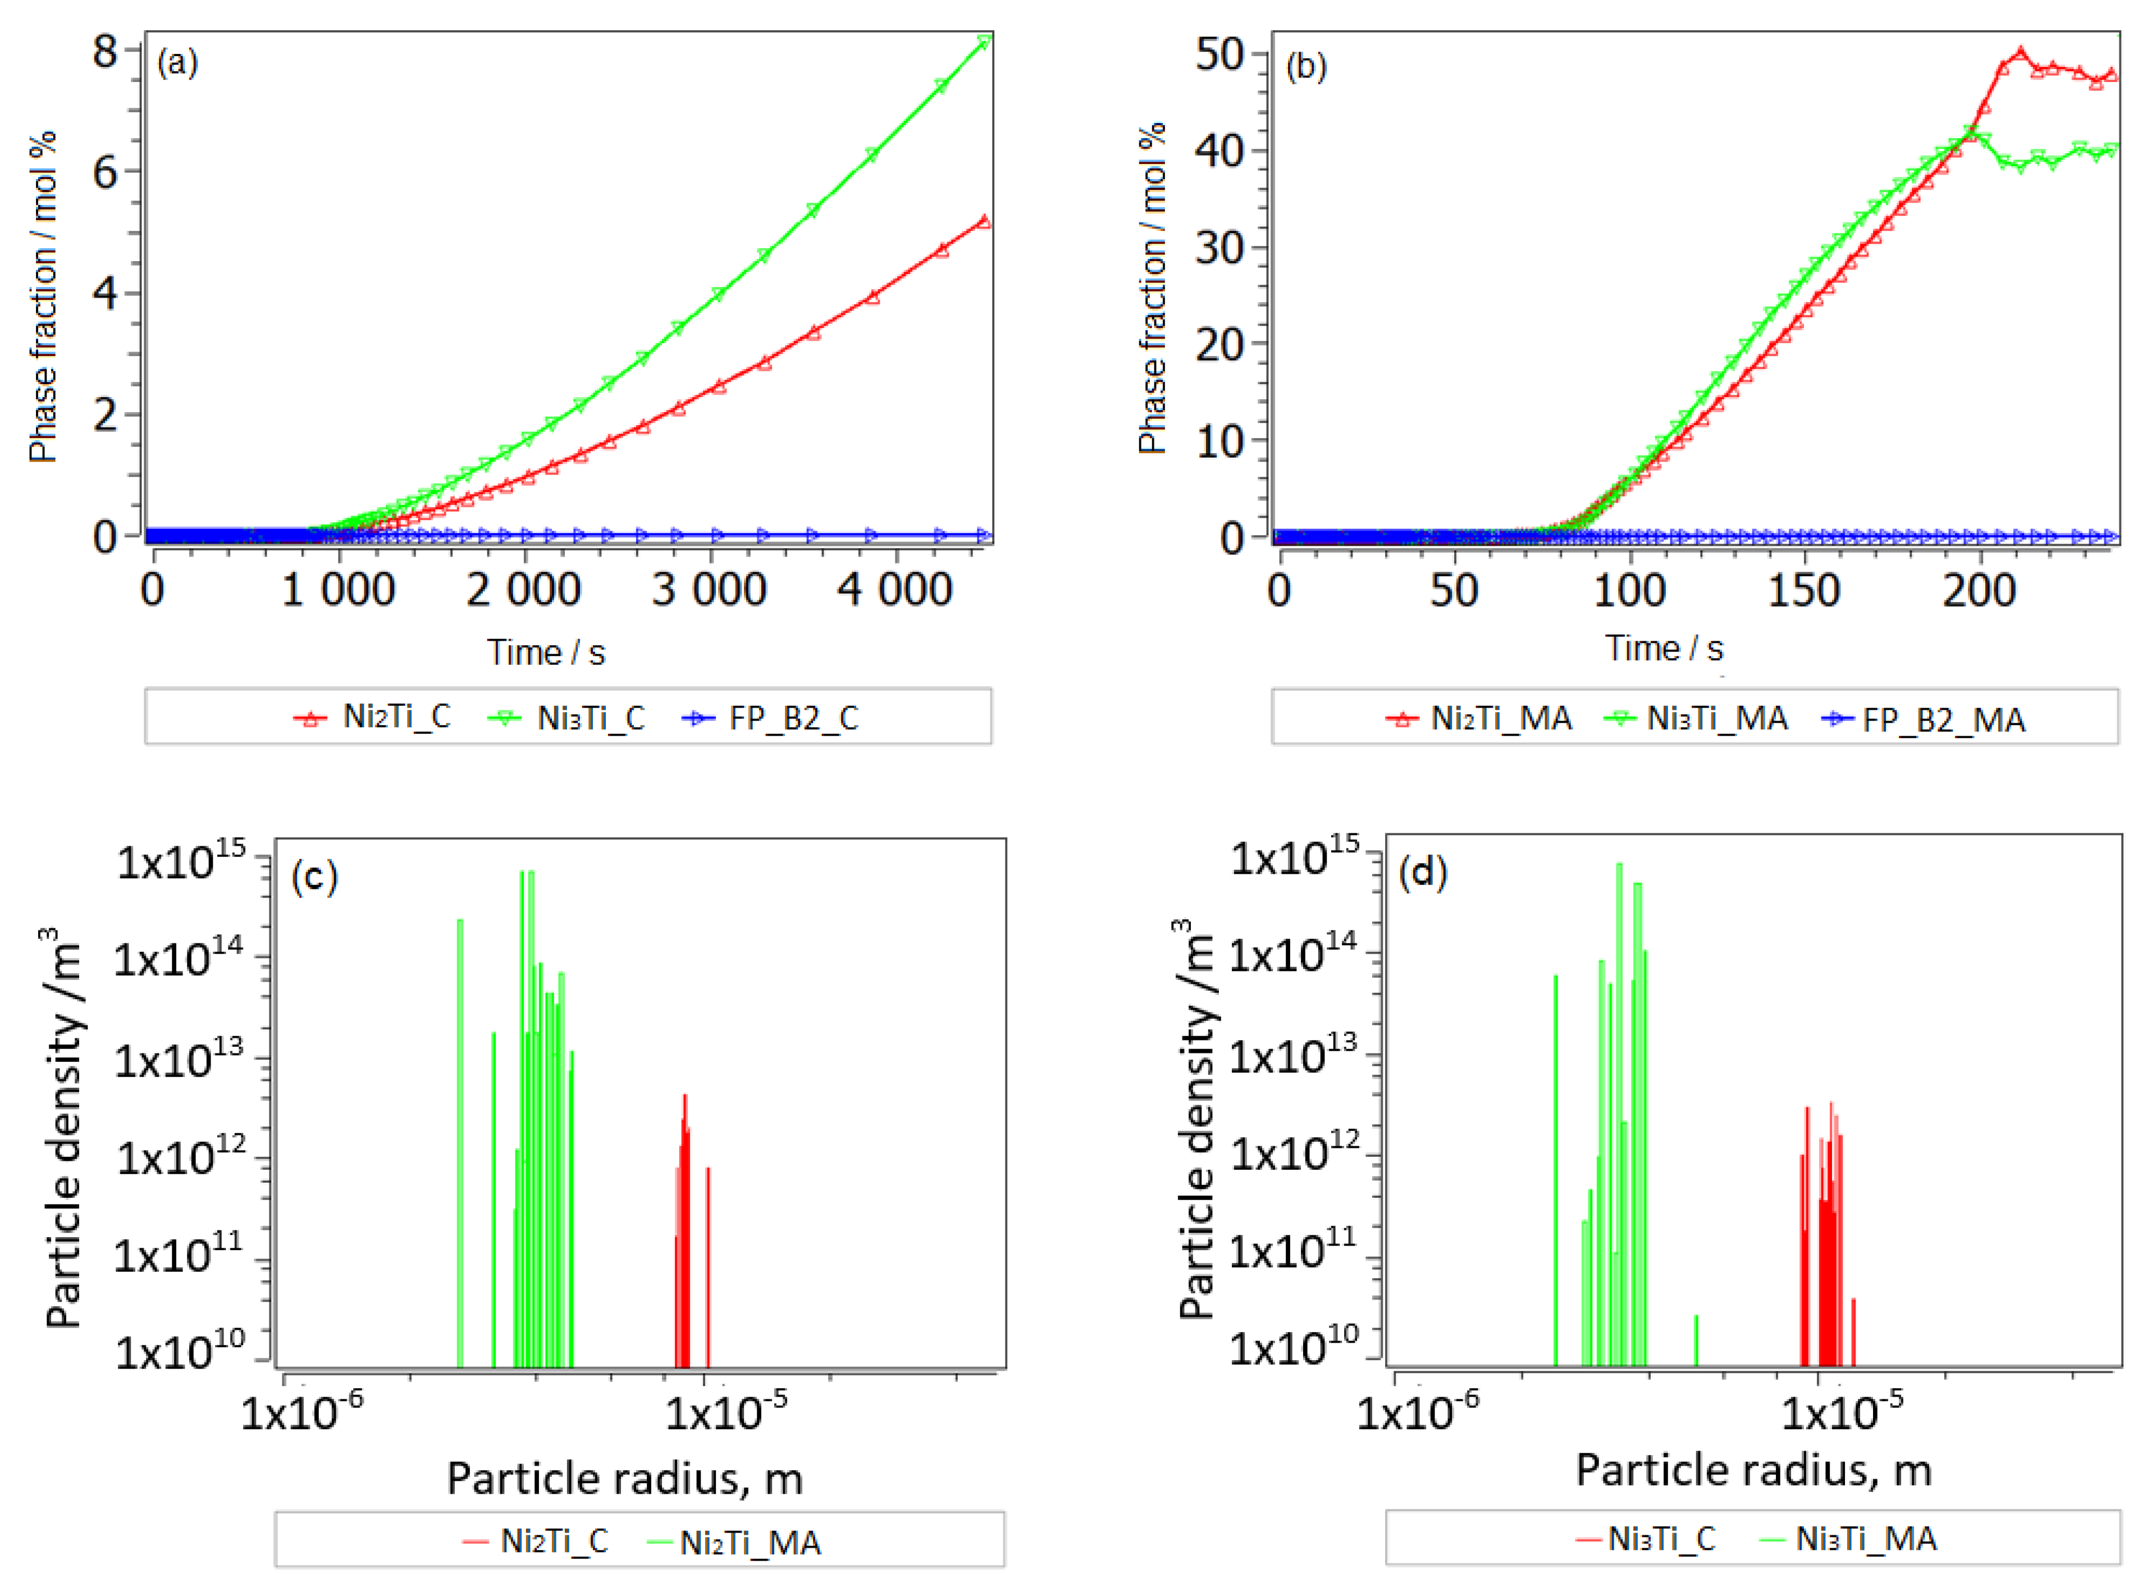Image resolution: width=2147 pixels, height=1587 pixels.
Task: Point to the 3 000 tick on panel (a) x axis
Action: click(709, 589)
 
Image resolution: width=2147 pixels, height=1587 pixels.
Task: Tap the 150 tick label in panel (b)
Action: click(1803, 590)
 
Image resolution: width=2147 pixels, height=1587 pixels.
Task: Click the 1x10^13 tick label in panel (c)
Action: click(180, 1060)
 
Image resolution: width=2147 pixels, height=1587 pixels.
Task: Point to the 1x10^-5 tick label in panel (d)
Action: click(1842, 1412)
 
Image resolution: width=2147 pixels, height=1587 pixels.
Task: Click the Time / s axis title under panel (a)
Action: click(545, 653)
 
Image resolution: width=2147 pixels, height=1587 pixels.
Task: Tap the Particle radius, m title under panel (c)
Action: click(624, 1479)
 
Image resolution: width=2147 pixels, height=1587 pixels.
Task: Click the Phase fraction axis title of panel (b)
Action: click(1152, 288)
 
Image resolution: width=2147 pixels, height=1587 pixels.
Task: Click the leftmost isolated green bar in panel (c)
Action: click(460, 1143)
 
